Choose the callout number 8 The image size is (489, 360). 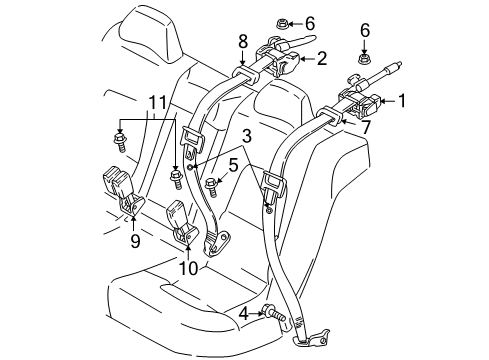pyautogui.click(x=241, y=41)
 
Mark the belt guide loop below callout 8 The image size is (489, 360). pyautogui.click(x=243, y=72)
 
